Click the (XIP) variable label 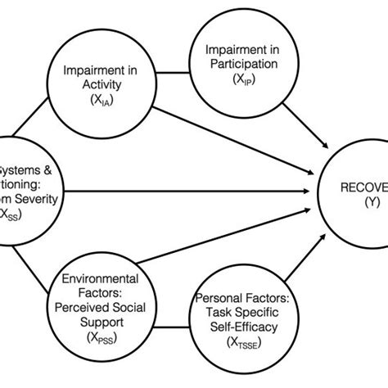(240, 79)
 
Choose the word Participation (240, 64)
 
